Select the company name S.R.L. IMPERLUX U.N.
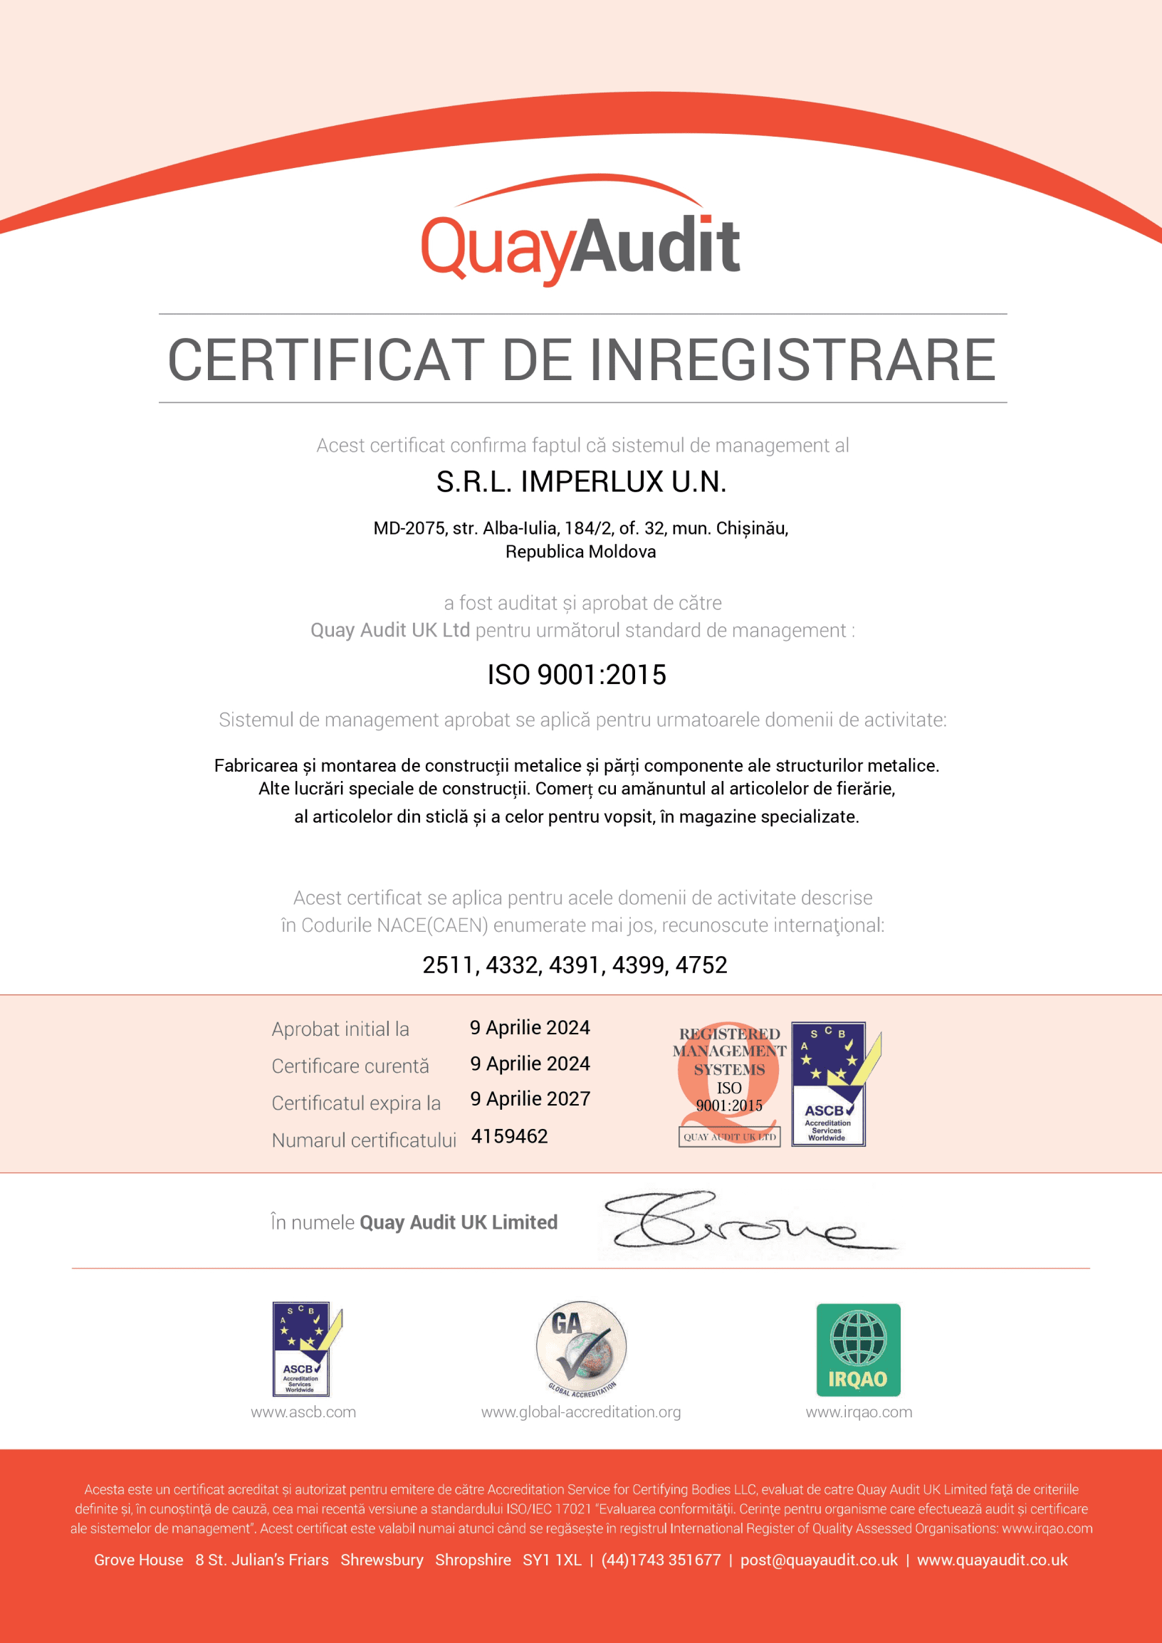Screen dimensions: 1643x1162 tap(581, 482)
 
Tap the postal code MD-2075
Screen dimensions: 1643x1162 tap(409, 528)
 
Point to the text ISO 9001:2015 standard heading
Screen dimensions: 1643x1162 tap(577, 674)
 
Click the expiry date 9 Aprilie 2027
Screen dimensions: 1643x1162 tap(530, 1098)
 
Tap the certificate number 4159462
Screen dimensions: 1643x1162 tap(510, 1135)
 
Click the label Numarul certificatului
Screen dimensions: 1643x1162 tap(364, 1140)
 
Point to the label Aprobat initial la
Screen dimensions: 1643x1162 tap(340, 1029)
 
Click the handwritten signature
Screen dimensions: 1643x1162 tap(737, 1221)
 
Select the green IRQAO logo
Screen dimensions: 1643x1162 tap(858, 1350)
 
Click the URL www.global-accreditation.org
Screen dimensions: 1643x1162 tap(581, 1412)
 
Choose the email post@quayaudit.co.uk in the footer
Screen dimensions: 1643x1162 tap(819, 1560)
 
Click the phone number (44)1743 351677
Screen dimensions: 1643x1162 tap(661, 1560)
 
